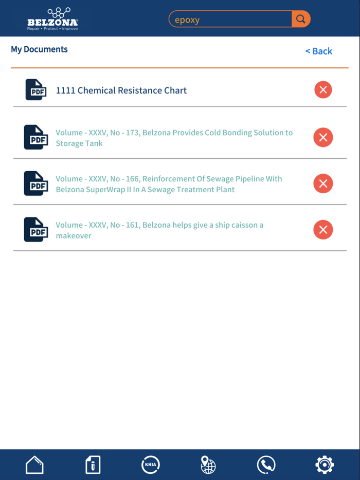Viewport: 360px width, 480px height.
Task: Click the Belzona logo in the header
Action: [x=52, y=19]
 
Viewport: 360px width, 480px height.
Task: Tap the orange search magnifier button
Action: [x=301, y=19]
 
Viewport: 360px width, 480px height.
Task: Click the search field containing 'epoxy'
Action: [x=230, y=20]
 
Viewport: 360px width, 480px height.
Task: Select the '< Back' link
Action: [x=319, y=51]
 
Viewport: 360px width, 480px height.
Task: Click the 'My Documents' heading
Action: [x=39, y=49]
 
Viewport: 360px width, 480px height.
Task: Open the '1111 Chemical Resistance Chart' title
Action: [x=121, y=90]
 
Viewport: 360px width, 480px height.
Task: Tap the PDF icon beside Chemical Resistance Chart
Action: [x=36, y=90]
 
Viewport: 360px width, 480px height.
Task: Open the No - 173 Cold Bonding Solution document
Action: [x=174, y=138]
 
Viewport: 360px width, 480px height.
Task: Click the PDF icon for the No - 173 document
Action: [x=36, y=137]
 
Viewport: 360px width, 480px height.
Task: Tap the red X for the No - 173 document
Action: [x=323, y=137]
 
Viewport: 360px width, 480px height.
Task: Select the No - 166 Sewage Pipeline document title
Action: [x=169, y=184]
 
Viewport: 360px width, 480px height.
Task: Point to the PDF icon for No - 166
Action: [x=36, y=183]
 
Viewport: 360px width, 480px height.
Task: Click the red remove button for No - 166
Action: [x=323, y=183]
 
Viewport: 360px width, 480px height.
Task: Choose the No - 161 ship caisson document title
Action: [x=159, y=230]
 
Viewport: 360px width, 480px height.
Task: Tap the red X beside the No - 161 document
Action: [x=323, y=230]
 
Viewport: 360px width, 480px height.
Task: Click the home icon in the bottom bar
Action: [x=34, y=465]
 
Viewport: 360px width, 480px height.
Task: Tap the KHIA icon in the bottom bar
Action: [x=151, y=465]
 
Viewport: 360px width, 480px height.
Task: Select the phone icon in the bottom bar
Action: [x=266, y=465]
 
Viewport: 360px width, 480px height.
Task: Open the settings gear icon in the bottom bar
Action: [x=325, y=465]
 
